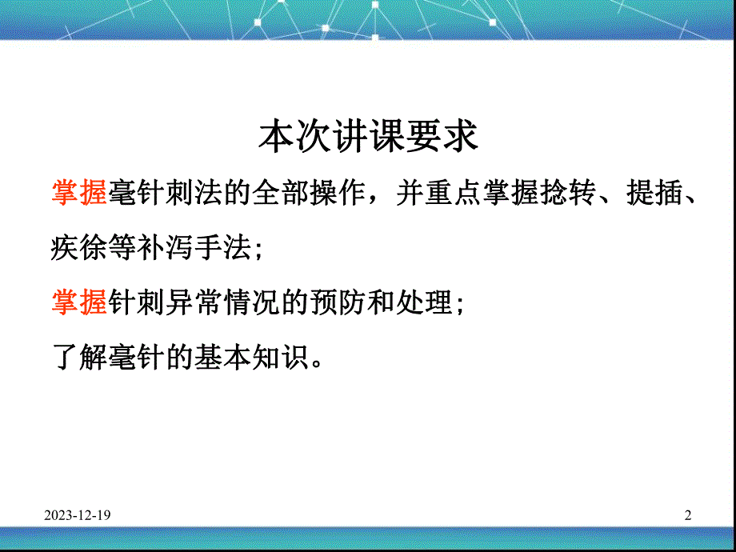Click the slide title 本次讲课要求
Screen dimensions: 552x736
pyautogui.click(x=368, y=137)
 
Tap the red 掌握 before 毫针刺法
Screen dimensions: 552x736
pyautogui.click(x=79, y=194)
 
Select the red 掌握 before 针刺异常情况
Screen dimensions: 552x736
pyautogui.click(x=79, y=303)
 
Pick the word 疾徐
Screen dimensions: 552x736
pyautogui.click(x=79, y=249)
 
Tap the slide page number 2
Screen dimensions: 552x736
pyautogui.click(x=687, y=517)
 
